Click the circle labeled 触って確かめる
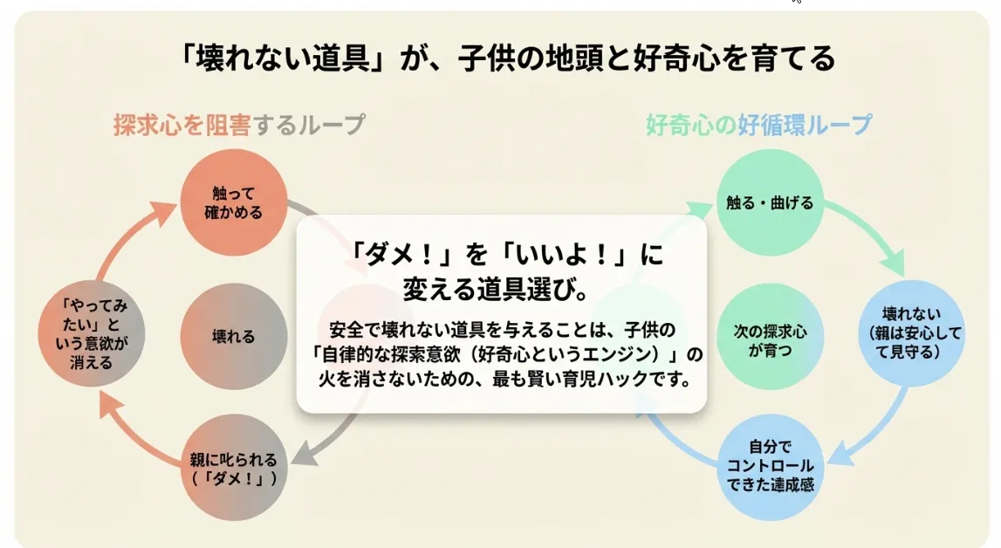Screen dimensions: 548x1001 pos(233,202)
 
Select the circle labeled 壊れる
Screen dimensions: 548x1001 pos(233,336)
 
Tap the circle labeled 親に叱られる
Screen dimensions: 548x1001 pos(233,468)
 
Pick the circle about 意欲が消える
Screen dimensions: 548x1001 pos(95,336)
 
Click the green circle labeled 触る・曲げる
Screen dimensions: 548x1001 pos(769,202)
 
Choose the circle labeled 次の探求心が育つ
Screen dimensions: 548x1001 pos(769,336)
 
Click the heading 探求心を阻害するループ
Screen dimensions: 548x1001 pos(238,126)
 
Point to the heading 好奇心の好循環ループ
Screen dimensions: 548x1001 pos(758,126)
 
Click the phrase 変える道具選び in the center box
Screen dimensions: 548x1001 pos(488,285)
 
